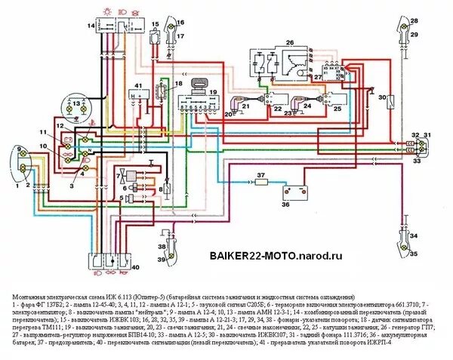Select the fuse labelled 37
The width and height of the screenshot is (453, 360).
(x=260, y=183)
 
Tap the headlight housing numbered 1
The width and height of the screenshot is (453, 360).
(x=23, y=161)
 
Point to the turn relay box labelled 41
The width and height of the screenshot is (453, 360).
(x=139, y=95)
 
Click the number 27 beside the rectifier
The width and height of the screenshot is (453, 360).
(x=318, y=76)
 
